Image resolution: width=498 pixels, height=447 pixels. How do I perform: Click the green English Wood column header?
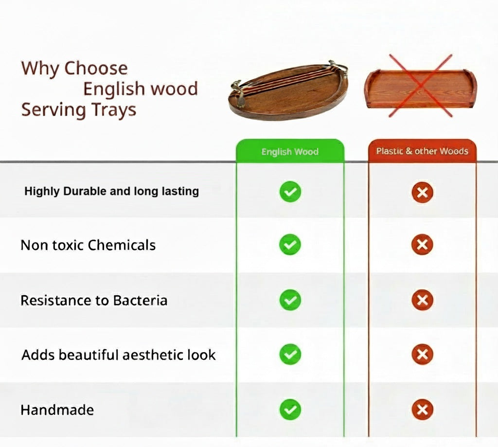pos(290,151)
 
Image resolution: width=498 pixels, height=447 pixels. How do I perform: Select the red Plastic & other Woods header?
pos(422,151)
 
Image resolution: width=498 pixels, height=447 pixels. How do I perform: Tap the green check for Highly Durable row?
pos(290,192)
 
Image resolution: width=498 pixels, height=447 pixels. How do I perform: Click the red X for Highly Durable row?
pos(422,192)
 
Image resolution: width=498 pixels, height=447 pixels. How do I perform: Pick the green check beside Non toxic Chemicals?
pos(290,245)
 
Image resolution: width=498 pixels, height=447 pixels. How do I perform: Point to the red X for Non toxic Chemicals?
pos(422,245)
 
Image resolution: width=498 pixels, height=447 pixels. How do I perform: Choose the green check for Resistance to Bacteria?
pos(290,300)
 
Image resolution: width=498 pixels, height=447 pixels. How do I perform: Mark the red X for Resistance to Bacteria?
pos(422,300)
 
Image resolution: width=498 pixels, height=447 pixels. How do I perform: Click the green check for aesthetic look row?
pos(290,354)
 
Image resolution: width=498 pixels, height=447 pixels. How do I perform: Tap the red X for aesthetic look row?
pos(422,354)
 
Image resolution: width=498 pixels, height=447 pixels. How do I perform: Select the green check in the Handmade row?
pos(290,410)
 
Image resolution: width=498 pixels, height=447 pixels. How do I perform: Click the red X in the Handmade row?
pos(422,410)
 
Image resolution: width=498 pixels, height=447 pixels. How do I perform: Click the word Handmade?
pos(57,410)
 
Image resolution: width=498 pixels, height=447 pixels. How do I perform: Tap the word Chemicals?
pos(122,245)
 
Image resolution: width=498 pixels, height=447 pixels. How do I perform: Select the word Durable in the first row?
pos(85,191)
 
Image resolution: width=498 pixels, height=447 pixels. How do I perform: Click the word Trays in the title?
pos(114,110)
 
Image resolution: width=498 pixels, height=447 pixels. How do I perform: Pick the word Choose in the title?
pos(96,68)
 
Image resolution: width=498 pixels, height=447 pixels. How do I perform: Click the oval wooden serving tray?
pos(288,92)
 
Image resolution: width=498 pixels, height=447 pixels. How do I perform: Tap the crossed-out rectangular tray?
pos(420,89)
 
